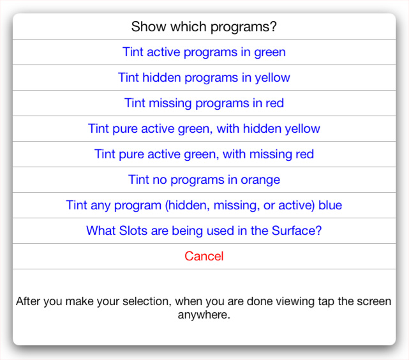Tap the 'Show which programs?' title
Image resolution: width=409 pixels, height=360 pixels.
(204, 27)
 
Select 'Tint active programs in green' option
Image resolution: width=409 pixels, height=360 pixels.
(204, 52)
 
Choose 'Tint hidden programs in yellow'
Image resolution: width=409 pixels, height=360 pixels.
(204, 78)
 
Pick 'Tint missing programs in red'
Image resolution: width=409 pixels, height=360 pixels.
(204, 103)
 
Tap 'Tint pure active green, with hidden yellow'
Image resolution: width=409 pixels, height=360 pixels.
(204, 128)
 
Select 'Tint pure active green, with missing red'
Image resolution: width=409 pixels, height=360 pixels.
(204, 154)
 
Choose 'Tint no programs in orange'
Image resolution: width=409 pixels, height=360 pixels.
(204, 180)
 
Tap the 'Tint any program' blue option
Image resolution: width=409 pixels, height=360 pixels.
(204, 206)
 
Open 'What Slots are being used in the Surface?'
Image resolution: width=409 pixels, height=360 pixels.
(204, 231)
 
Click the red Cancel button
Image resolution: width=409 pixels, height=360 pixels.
(204, 256)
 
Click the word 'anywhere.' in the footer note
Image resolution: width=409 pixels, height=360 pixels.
(204, 315)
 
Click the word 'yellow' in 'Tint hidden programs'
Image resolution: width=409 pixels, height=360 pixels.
(272, 78)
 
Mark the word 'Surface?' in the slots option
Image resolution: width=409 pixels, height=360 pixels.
(297, 231)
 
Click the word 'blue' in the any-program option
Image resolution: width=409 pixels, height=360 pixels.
(331, 205)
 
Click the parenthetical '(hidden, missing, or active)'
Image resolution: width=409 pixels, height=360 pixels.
(240, 206)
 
